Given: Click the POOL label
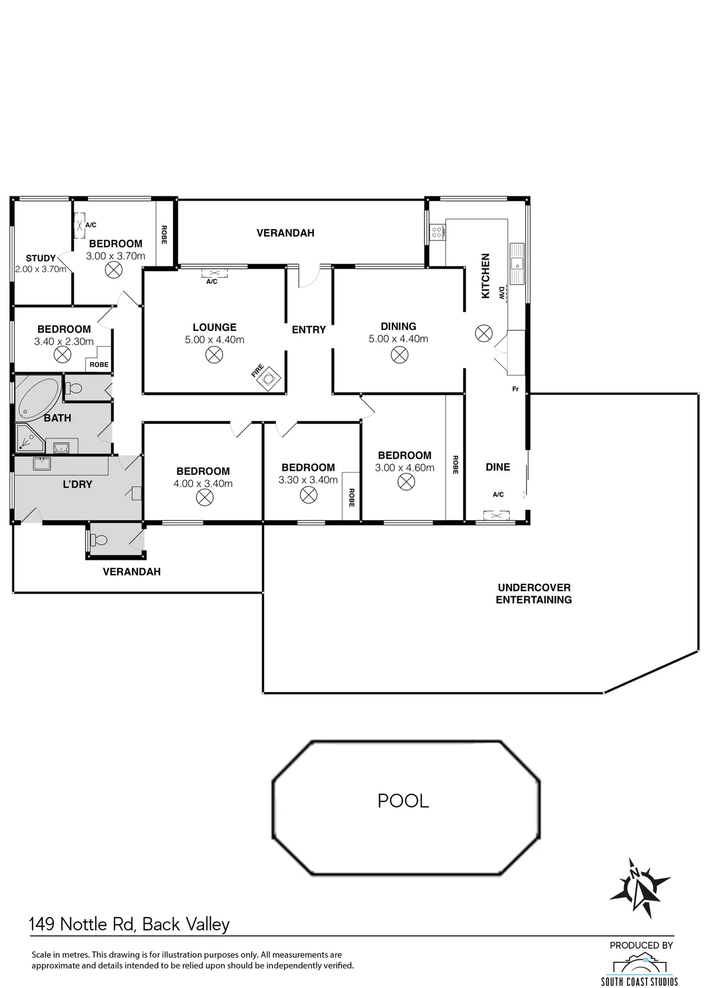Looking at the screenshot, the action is coord(403,801).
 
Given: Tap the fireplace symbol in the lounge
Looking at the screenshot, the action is coord(268,379).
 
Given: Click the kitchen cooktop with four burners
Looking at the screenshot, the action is coord(436,233).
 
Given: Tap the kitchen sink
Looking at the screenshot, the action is coord(517,264).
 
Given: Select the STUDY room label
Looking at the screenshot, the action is coord(40,258).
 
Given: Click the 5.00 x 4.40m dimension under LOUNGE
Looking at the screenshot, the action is coord(214,340).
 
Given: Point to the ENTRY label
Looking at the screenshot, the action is coord(308,330).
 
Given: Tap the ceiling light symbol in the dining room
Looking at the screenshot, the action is coord(399,355).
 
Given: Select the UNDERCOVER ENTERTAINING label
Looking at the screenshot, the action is coord(533,594).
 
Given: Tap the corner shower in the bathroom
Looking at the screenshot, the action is coord(29,438).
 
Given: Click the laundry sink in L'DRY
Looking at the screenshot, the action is coord(42,464).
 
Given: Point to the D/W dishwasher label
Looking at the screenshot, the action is coord(502,293).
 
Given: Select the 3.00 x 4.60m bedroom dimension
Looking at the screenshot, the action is coord(404,468).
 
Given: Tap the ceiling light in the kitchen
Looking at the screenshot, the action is coord(483,333).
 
